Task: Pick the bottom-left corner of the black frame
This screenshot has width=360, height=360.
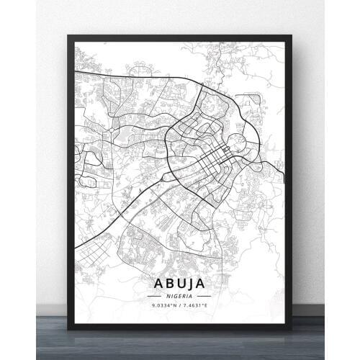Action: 69,328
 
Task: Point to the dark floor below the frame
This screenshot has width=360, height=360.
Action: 180,346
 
